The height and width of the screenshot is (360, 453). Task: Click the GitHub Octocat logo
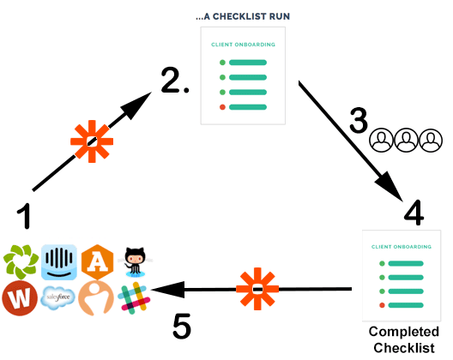[x=135, y=262]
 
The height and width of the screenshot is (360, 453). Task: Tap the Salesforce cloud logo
[x=57, y=297]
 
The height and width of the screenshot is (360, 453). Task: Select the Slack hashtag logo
[x=134, y=298]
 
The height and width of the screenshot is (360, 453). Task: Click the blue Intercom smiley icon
[x=59, y=262]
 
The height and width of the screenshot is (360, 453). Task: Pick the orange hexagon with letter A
[x=97, y=262]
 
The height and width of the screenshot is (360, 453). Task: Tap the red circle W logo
[x=20, y=298]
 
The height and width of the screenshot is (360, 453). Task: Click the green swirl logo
[x=21, y=262]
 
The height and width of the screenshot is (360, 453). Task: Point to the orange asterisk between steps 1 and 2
[x=92, y=141]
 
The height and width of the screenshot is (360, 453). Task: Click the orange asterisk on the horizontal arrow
[x=257, y=289]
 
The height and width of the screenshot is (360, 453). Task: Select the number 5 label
[x=182, y=326]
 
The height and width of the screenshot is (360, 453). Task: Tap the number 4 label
[x=414, y=213]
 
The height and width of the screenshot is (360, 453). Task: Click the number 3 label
[x=359, y=120]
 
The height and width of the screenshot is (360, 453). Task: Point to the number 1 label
[x=24, y=216]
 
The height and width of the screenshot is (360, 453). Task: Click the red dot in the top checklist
[x=222, y=107]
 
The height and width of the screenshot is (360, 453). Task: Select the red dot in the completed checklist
[x=382, y=305]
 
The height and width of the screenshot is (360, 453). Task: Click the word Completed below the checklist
[x=404, y=332]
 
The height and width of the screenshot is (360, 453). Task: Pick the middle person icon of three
[x=406, y=141]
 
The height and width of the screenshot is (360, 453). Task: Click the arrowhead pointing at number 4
[x=390, y=187]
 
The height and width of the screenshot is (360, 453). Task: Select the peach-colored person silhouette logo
[x=96, y=298]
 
